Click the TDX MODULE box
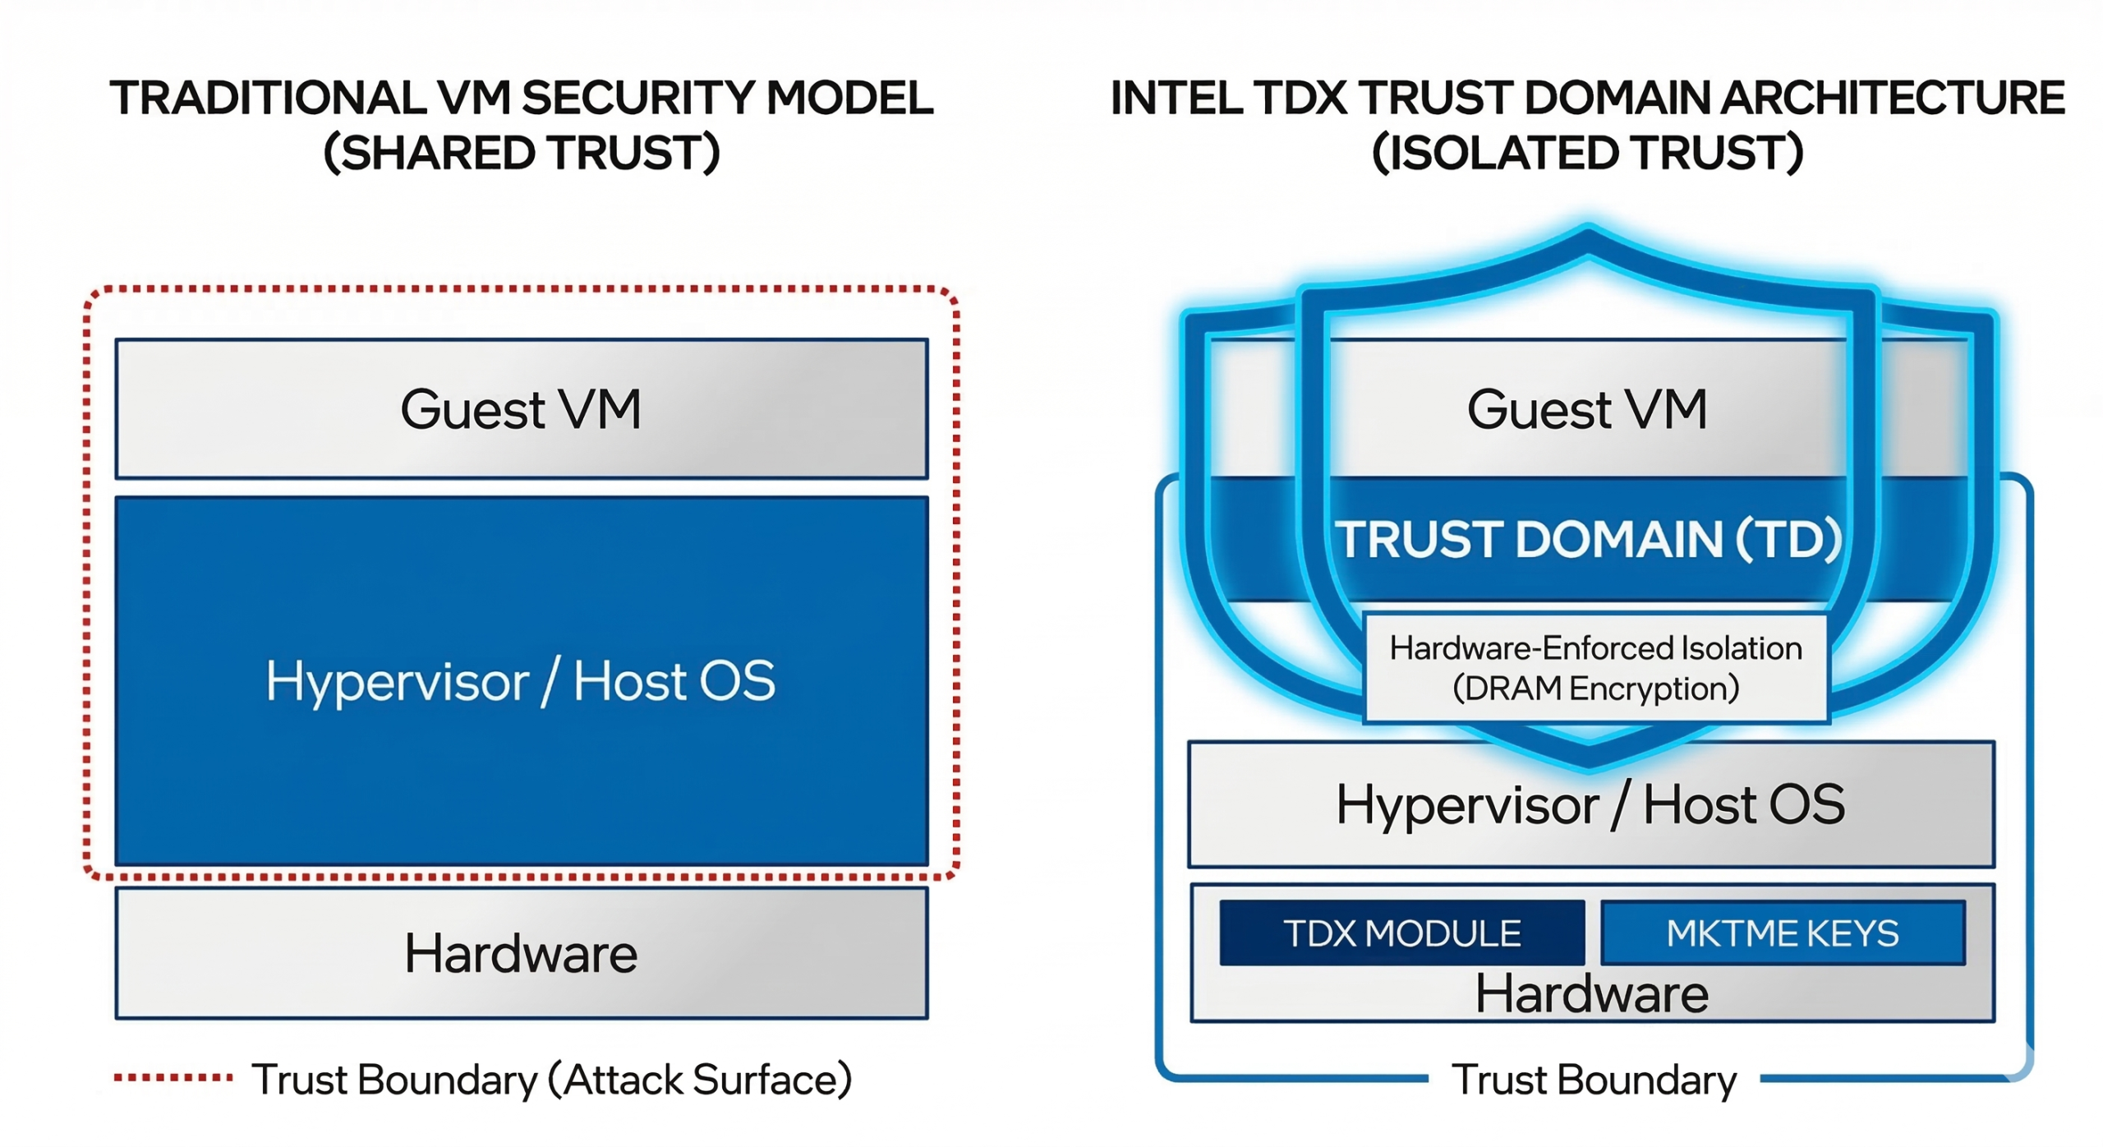[x=1401, y=933]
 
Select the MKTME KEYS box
[x=1783, y=933]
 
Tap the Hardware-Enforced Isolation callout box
[x=1595, y=667]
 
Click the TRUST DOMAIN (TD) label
[x=1587, y=540]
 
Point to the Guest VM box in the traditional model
[x=522, y=408]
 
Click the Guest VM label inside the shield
[x=1587, y=408]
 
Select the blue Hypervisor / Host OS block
[x=522, y=680]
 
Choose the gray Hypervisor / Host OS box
[x=1590, y=804]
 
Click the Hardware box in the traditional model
[x=522, y=953]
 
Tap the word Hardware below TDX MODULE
[x=1591, y=993]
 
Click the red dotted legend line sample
[x=173, y=1077]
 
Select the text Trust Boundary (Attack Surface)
[x=551, y=1079]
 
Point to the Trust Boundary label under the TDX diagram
[x=1594, y=1079]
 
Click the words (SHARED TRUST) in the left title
[x=522, y=153]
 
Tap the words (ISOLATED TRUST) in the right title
[x=1587, y=153]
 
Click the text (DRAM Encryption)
[x=1595, y=688]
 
